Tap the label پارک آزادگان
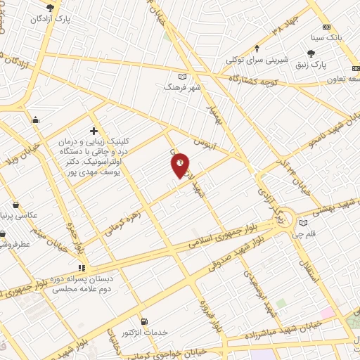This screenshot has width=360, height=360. click(51, 20)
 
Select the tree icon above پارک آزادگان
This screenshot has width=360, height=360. click(49, 8)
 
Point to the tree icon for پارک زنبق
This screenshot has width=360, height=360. click(311, 53)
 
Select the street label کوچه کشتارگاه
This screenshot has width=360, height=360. click(260, 82)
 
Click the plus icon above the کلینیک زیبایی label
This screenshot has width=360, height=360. click(94, 131)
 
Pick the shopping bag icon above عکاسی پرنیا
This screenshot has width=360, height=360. click(15, 204)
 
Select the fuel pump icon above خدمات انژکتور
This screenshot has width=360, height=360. click(144, 321)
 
